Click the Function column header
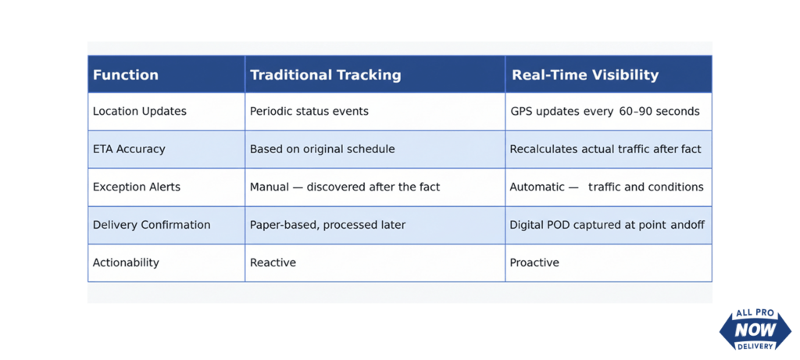(x=126, y=75)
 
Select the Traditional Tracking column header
(x=326, y=75)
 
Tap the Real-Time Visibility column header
(x=585, y=75)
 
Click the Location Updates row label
(x=139, y=111)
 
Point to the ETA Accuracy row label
(x=129, y=149)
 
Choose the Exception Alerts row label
(x=136, y=187)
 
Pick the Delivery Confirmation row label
(x=152, y=224)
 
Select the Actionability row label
(x=126, y=262)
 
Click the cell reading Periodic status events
(x=309, y=111)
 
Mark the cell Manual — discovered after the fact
(x=345, y=187)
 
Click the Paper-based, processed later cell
(x=327, y=225)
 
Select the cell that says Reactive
(x=273, y=262)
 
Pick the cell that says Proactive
(x=534, y=262)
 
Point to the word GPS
(x=521, y=111)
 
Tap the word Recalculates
(x=542, y=149)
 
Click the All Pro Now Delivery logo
(x=755, y=330)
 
